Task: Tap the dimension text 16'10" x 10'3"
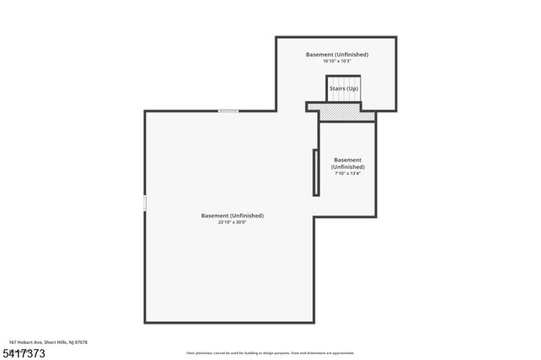point(337,62)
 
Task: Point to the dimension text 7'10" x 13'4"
point(347,174)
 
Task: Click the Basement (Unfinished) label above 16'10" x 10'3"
point(337,54)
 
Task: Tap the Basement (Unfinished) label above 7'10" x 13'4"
point(347,163)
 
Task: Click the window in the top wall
point(228,112)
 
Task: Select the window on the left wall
point(145,203)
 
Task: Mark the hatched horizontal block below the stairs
point(342,112)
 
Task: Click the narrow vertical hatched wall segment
point(316,172)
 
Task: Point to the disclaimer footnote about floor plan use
point(270,353)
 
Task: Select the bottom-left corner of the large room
point(145,322)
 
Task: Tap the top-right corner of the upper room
point(395,38)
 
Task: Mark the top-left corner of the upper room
point(277,38)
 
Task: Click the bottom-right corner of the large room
point(314,322)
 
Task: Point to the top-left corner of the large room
point(145,112)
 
